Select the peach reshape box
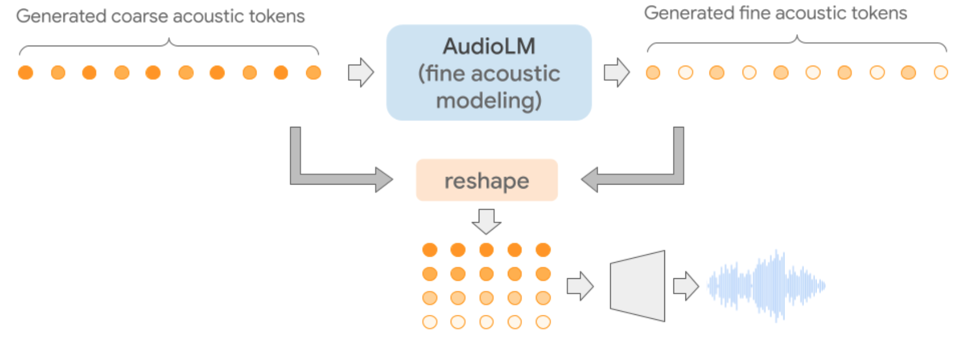tap(487, 181)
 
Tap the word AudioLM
tap(489, 46)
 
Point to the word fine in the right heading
tap(755, 13)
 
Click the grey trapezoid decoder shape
tap(638, 286)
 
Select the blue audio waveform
tap(767, 285)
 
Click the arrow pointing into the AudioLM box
tap(361, 73)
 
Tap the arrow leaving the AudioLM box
tap(616, 73)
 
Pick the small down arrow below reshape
tap(487, 221)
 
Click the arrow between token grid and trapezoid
tap(580, 286)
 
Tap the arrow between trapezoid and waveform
tap(686, 286)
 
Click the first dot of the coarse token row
tap(26, 73)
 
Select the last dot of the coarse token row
tap(314, 73)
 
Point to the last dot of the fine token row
tap(940, 73)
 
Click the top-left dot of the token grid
tap(430, 250)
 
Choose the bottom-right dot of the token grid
tap(543, 322)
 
